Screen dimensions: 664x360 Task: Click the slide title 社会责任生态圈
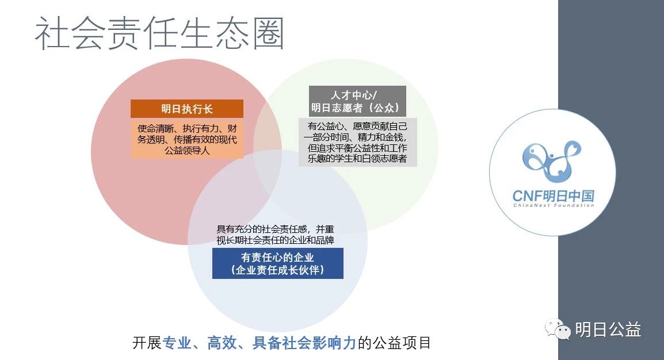tap(159, 34)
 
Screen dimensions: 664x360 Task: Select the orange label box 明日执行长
tap(187, 109)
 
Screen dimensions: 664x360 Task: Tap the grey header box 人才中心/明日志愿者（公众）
tap(357, 102)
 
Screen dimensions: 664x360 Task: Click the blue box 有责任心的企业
tap(278, 263)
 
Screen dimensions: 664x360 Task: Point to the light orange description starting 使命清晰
tap(187, 139)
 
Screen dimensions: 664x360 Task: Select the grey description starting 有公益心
tap(357, 142)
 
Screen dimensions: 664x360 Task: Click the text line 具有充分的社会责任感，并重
tap(275, 229)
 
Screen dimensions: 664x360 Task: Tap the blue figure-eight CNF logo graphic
tap(552, 162)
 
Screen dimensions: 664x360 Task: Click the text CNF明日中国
tap(553, 196)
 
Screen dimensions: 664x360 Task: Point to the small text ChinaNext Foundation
tap(554, 206)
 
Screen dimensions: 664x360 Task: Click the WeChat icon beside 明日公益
tap(558, 329)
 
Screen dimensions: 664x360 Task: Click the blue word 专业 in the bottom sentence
tap(177, 343)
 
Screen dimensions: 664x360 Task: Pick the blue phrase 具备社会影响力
tap(304, 343)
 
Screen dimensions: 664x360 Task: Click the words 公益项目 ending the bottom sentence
tap(402, 343)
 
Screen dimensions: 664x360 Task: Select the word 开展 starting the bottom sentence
tap(147, 343)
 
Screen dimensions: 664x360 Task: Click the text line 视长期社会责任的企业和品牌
tap(275, 240)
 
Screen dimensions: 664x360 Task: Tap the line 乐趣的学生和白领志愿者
tap(357, 159)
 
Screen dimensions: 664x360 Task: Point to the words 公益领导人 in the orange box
tap(187, 151)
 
